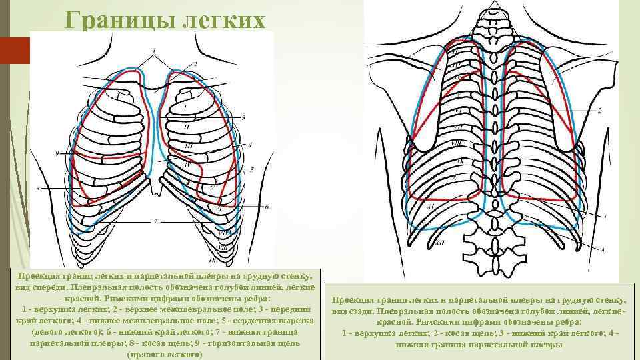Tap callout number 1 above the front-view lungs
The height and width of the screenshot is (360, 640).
click(x=154, y=50)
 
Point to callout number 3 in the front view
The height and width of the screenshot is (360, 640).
click(x=244, y=117)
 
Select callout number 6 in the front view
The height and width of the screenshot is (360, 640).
click(x=266, y=207)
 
